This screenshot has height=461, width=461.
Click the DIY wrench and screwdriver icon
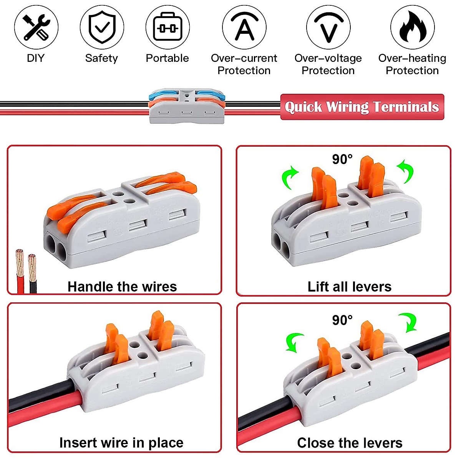(x=36, y=27)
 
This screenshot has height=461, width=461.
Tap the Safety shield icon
(x=102, y=27)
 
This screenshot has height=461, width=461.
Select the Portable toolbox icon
(x=167, y=27)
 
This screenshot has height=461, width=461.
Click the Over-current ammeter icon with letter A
(x=244, y=27)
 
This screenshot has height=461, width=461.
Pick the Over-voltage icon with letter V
(x=328, y=27)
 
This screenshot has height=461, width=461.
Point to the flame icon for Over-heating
(x=412, y=27)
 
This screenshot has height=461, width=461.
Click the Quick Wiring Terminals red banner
(x=362, y=107)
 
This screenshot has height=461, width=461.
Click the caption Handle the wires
(x=122, y=287)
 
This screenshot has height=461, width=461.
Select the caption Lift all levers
(x=349, y=287)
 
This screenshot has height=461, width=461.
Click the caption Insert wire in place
(x=121, y=443)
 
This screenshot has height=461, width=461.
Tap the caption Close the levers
(x=350, y=443)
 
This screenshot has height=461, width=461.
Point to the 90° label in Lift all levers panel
(x=342, y=159)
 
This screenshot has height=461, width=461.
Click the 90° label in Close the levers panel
(x=342, y=320)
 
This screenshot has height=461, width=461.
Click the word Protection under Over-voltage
(x=328, y=71)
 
